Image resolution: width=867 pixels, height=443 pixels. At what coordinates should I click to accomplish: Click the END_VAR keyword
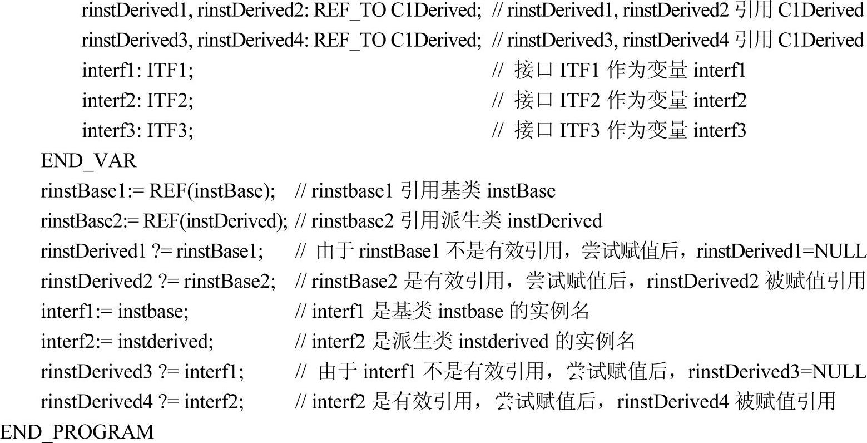pyautogui.click(x=88, y=161)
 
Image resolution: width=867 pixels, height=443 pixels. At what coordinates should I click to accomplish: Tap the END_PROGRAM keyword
pyautogui.click(x=77, y=432)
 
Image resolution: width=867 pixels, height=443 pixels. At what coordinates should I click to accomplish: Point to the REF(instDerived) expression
pyautogui.click(x=215, y=221)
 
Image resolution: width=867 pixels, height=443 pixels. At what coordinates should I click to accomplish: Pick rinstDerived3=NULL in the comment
pyautogui.click(x=777, y=371)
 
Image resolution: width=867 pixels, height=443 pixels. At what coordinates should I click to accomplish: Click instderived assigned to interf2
pyautogui.click(x=165, y=341)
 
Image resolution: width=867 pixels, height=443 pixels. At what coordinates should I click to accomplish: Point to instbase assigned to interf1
pyautogui.click(x=153, y=311)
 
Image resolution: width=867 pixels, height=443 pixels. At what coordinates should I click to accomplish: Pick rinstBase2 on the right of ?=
pyautogui.click(x=229, y=281)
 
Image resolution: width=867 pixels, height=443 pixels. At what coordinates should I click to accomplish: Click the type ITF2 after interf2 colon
pyautogui.click(x=169, y=101)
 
